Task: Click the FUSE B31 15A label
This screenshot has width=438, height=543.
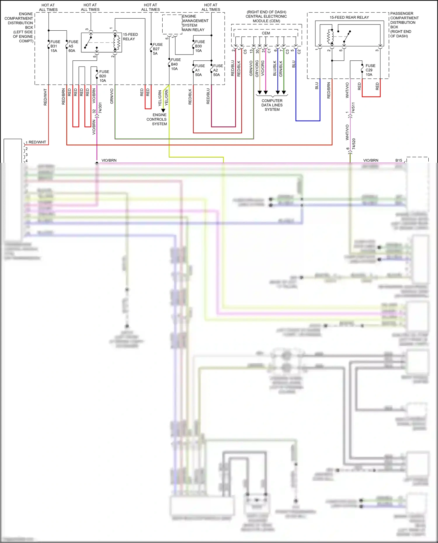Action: click(x=55, y=46)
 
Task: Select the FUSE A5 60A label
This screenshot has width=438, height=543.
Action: click(x=73, y=46)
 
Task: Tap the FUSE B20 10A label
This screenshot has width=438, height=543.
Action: click(x=104, y=76)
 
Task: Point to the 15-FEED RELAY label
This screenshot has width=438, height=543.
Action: click(x=130, y=36)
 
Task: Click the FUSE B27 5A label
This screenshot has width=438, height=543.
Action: click(x=157, y=49)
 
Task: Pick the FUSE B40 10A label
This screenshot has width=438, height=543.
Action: click(x=175, y=64)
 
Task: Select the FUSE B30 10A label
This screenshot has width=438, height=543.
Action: click(x=199, y=46)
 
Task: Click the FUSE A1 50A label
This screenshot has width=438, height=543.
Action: click(x=199, y=70)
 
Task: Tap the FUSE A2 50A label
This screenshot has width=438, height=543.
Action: click(x=218, y=70)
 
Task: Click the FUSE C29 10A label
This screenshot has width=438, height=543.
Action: click(x=370, y=70)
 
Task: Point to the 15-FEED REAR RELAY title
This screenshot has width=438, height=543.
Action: click(x=349, y=17)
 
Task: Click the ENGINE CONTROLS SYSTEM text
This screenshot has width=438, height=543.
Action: click(x=157, y=119)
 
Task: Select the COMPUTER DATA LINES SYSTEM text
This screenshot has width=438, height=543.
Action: click(x=272, y=105)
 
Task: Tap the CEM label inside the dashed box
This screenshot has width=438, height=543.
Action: click(x=266, y=33)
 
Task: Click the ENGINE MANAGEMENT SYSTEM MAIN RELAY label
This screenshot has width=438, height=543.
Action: click(x=195, y=23)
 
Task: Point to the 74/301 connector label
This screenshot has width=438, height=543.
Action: click(x=100, y=108)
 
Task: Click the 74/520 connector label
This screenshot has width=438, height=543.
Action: click(x=354, y=144)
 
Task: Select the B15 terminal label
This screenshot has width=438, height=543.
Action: click(x=399, y=160)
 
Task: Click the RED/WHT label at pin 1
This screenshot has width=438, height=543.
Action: click(x=37, y=142)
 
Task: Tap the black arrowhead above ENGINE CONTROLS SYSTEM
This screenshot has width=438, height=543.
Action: click(x=163, y=111)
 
